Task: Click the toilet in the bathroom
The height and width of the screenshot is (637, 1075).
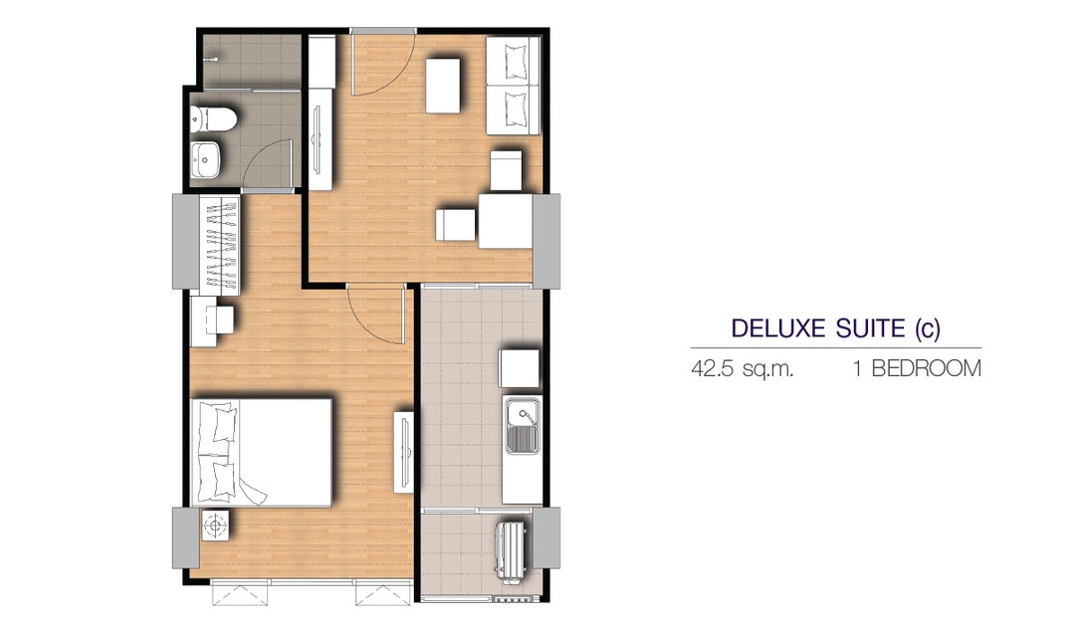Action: [x=213, y=119]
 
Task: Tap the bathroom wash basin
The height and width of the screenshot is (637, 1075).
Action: [x=206, y=160]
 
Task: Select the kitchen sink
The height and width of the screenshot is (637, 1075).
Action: [x=523, y=427]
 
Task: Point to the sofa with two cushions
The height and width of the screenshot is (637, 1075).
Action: [x=513, y=86]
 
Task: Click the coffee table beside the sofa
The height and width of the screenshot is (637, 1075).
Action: [x=442, y=85]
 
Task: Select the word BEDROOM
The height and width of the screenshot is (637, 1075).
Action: [x=927, y=369]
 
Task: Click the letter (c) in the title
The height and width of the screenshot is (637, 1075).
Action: [x=928, y=329]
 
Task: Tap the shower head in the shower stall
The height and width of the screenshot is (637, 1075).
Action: [x=210, y=60]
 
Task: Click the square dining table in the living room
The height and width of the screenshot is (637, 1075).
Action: [x=506, y=221]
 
